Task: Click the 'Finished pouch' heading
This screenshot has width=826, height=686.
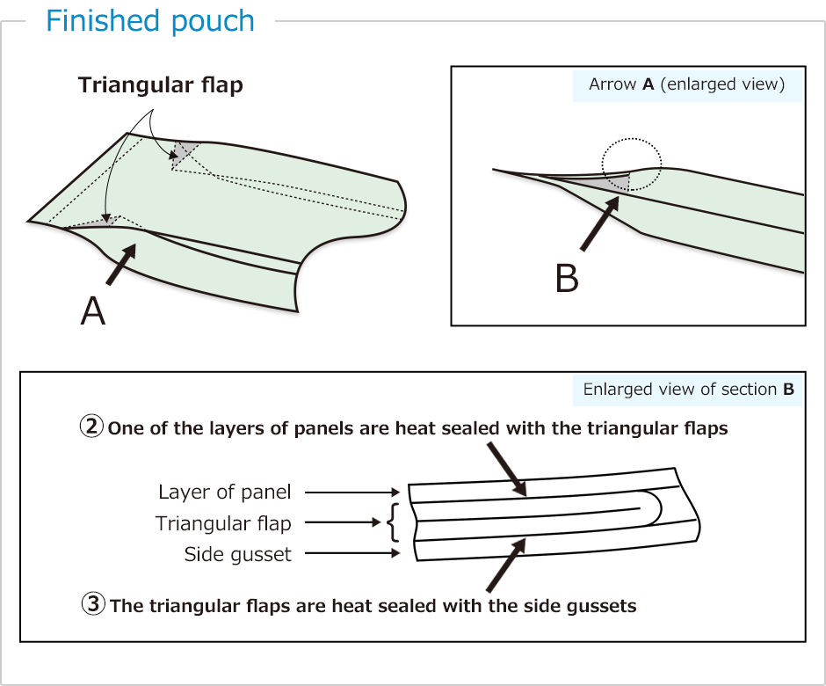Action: (x=150, y=21)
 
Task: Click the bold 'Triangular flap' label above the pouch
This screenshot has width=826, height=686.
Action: (x=160, y=85)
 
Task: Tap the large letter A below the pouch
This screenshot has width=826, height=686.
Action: (x=93, y=310)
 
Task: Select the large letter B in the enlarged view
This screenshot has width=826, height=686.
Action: (x=567, y=278)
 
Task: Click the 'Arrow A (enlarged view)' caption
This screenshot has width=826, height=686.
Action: (x=686, y=84)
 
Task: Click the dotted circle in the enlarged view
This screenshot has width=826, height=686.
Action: (x=631, y=164)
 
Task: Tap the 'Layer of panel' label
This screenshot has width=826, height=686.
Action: (x=224, y=493)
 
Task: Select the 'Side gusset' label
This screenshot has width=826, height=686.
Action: (x=237, y=554)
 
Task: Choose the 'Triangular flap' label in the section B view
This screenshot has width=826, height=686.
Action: (x=223, y=523)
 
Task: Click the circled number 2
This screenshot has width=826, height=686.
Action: (x=91, y=428)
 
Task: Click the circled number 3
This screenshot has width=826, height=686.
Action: (x=93, y=605)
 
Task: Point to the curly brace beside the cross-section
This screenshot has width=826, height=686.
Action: (x=392, y=523)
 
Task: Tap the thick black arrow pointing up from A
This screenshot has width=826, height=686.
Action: (x=121, y=265)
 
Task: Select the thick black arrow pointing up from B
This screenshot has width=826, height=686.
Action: (x=601, y=224)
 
